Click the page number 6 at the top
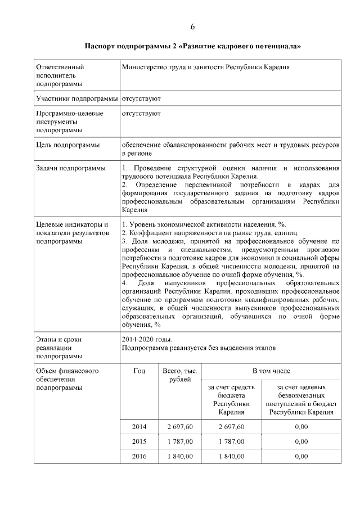click(192, 26)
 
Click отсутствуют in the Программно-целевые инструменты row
click(141, 113)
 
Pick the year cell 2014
click(139, 427)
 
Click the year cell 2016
click(139, 456)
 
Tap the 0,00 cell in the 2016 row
click(301, 456)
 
